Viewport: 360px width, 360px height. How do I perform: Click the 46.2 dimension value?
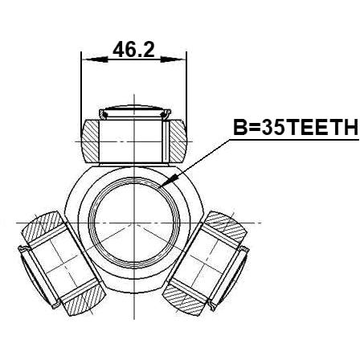tap(133, 50)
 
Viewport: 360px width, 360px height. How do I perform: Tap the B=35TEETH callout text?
tap(296, 127)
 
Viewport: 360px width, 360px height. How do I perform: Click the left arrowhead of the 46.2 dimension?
tap(95, 59)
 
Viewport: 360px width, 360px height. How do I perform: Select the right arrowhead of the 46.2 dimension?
tap(173, 59)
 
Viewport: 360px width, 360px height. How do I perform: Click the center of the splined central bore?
tap(134, 223)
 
